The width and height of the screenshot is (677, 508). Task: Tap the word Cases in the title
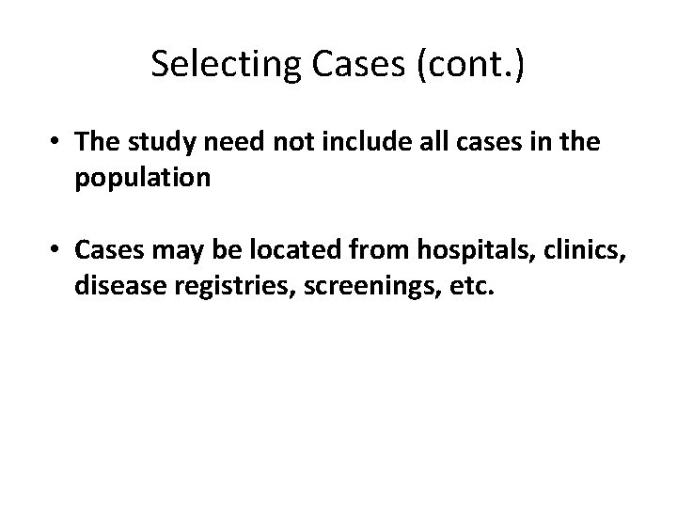(342, 65)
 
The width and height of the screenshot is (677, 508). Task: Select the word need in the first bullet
(221, 143)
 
